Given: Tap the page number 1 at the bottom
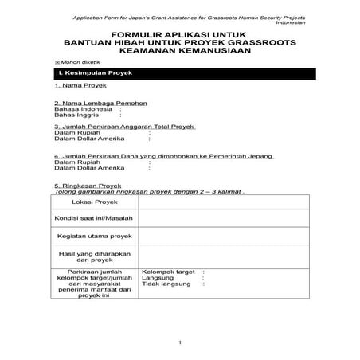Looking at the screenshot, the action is (181, 342).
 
